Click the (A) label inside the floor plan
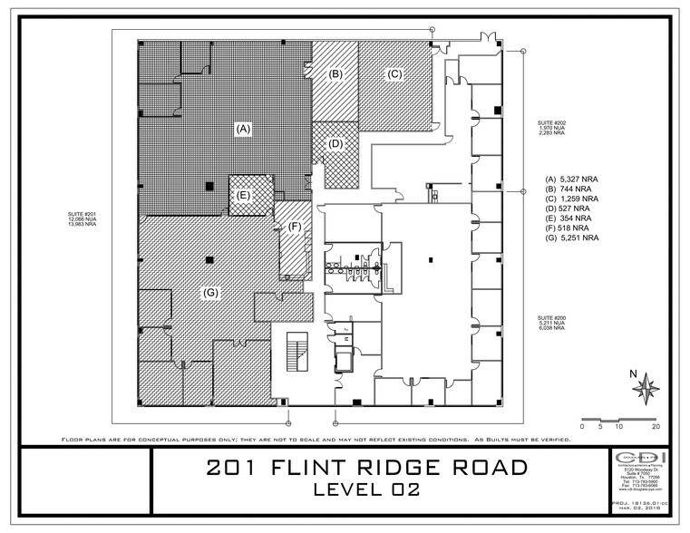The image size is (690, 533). [242, 129]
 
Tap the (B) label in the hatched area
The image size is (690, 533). [335, 73]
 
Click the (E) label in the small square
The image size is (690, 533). [243, 195]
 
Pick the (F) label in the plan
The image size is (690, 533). [295, 228]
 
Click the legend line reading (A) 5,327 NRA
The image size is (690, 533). [571, 179]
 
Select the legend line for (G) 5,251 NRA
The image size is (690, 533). [571, 238]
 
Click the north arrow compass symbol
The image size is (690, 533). [647, 387]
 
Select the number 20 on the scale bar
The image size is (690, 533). [655, 425]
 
